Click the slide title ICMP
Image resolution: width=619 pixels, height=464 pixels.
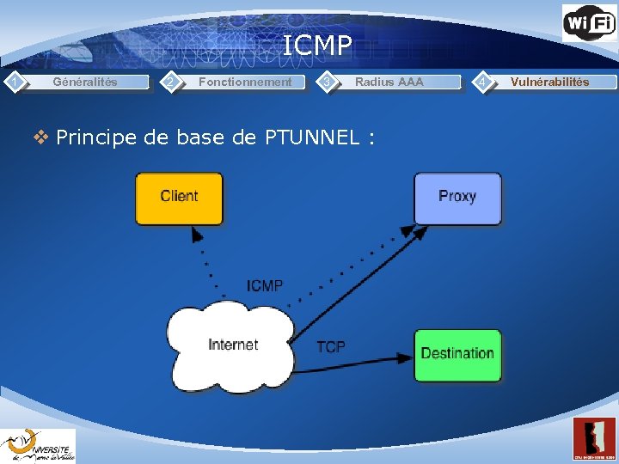coord(317,45)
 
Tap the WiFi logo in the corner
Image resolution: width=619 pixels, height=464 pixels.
coord(589,22)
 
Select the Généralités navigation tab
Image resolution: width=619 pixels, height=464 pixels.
coord(85,82)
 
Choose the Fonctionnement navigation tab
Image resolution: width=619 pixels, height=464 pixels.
coord(245,82)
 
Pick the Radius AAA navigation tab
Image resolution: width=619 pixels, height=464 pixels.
coord(389,82)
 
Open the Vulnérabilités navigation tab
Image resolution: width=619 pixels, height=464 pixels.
coord(549,82)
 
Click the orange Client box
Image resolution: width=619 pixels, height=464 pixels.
coord(179,198)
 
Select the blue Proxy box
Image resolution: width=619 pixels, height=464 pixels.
coord(457,198)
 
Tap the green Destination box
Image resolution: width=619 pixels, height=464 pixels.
coord(457,354)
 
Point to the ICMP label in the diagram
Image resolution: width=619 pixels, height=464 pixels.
coord(264,285)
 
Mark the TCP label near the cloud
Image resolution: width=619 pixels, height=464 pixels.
coord(331,346)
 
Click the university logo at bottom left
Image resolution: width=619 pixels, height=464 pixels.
coord(38,445)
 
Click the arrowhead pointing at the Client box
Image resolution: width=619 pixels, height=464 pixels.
coord(196,233)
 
